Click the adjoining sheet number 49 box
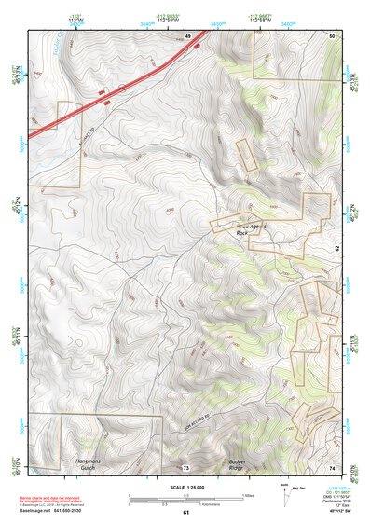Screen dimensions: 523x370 point(187,34)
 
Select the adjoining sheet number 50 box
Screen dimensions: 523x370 point(333,34)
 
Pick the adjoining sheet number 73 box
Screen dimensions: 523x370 point(185,467)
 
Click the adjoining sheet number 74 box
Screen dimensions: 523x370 point(333,467)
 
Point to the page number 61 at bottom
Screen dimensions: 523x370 point(185,512)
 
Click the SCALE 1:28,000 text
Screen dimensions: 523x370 point(185,488)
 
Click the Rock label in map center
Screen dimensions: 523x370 point(242,233)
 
